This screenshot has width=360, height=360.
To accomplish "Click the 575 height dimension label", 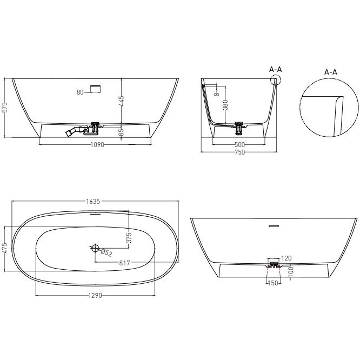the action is (x=5, y=107).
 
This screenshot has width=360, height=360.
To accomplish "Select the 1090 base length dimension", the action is (x=97, y=145).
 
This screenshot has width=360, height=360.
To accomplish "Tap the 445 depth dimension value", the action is (x=122, y=101).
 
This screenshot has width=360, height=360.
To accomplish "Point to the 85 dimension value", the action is (x=122, y=132).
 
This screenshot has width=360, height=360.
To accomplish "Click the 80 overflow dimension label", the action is (x=80, y=92).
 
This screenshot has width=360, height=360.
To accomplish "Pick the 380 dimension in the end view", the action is (x=225, y=105).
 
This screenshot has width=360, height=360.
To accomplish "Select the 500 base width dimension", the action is (x=239, y=145).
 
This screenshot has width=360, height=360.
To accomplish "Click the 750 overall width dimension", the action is (x=239, y=152).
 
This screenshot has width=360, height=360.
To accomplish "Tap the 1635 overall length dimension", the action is (x=93, y=202).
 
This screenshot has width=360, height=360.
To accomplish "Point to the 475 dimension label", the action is (x=5, y=248).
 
